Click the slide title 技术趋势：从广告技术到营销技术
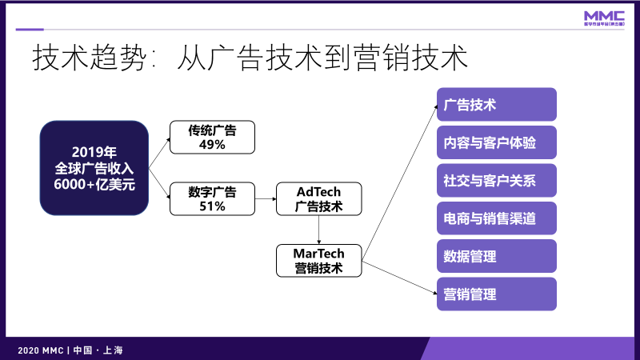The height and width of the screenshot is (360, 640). pyautogui.click(x=249, y=58)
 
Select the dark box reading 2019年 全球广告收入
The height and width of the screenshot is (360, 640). pyautogui.click(x=94, y=168)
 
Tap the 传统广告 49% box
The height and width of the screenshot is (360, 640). pyautogui.click(x=212, y=137)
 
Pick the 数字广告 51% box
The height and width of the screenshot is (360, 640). pyautogui.click(x=212, y=198)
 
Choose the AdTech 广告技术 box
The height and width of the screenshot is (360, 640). pyautogui.click(x=319, y=198)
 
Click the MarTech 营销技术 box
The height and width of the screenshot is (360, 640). pyautogui.click(x=318, y=261)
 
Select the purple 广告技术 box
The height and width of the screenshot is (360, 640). pyautogui.click(x=496, y=105)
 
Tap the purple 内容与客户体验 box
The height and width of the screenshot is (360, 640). pyautogui.click(x=496, y=142)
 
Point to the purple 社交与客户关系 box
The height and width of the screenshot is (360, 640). pyautogui.click(x=496, y=181)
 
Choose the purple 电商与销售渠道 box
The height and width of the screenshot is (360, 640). pyautogui.click(x=496, y=218)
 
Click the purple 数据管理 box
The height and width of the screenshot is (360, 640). pyautogui.click(x=496, y=256)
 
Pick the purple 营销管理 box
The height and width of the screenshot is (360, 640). pyautogui.click(x=496, y=294)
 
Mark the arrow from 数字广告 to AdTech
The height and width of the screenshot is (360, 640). pyautogui.click(x=265, y=198)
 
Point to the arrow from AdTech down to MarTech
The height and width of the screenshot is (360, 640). pyautogui.click(x=318, y=230)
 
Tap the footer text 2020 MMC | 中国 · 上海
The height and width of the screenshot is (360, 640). pyautogui.click(x=70, y=350)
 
